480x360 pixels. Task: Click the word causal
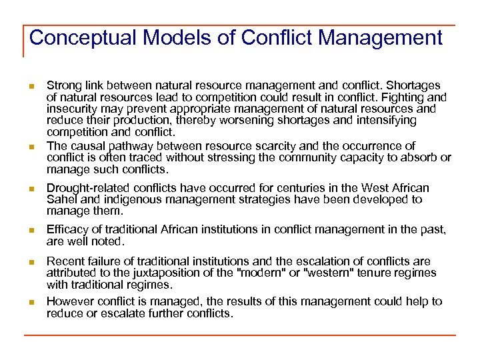[85, 146]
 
